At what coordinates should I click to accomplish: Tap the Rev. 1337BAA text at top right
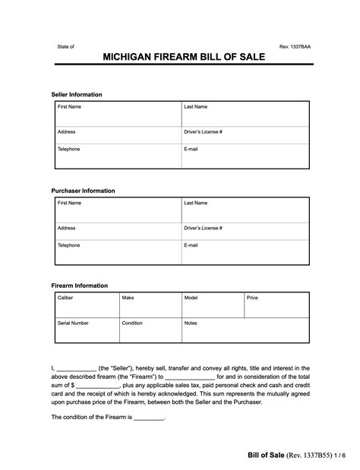click(x=295, y=46)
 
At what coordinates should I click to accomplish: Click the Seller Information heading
click(x=77, y=94)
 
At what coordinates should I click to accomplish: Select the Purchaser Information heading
click(x=83, y=191)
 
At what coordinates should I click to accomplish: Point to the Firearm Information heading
click(x=80, y=285)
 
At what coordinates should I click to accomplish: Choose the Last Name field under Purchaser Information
click(x=244, y=210)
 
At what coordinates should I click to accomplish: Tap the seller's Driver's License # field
click(x=244, y=137)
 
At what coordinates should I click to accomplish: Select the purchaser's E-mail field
click(x=244, y=251)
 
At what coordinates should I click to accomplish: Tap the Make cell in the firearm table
click(x=149, y=305)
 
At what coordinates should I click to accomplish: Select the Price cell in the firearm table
click(x=276, y=305)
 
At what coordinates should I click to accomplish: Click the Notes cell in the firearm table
click(x=244, y=330)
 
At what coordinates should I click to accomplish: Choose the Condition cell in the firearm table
click(x=149, y=330)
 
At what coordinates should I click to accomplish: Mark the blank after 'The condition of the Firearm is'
click(x=149, y=418)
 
